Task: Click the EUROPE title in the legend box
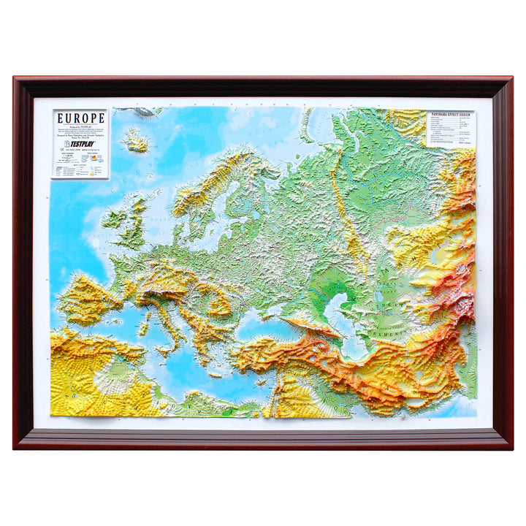80,118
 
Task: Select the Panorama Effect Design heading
450,115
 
